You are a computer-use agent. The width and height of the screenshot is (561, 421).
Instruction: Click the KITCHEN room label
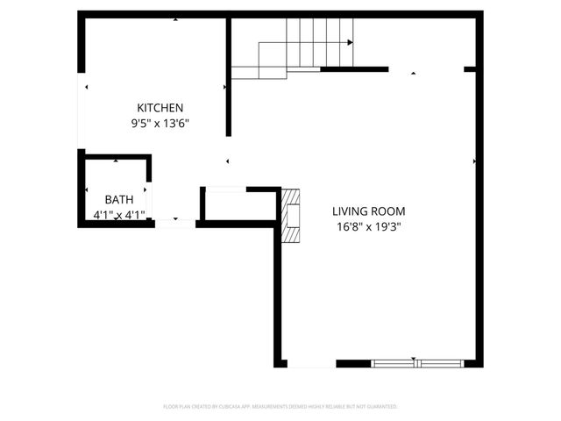point(160,107)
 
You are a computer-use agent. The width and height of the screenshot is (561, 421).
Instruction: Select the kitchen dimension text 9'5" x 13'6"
point(160,124)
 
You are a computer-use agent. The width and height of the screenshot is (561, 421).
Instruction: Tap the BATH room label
point(119,199)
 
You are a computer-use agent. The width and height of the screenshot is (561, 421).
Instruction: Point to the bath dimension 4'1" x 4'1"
point(119,214)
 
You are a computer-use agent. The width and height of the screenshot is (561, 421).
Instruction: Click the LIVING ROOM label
point(368,211)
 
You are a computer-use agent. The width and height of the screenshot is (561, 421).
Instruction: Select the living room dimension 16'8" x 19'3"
point(368,226)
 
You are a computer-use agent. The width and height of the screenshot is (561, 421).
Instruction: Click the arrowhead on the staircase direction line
point(350,42)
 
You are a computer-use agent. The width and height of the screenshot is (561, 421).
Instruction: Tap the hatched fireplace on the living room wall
point(290,214)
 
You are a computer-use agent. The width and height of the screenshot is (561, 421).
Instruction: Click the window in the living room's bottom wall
point(417,362)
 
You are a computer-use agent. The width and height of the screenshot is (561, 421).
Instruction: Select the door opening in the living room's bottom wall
point(310,363)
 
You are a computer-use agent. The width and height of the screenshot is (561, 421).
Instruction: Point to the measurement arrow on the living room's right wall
point(474,161)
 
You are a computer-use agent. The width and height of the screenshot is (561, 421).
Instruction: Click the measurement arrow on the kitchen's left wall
point(86,87)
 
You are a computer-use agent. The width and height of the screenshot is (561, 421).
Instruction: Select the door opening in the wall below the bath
point(175,223)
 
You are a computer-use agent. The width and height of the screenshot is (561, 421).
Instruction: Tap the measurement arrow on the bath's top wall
point(116,161)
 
